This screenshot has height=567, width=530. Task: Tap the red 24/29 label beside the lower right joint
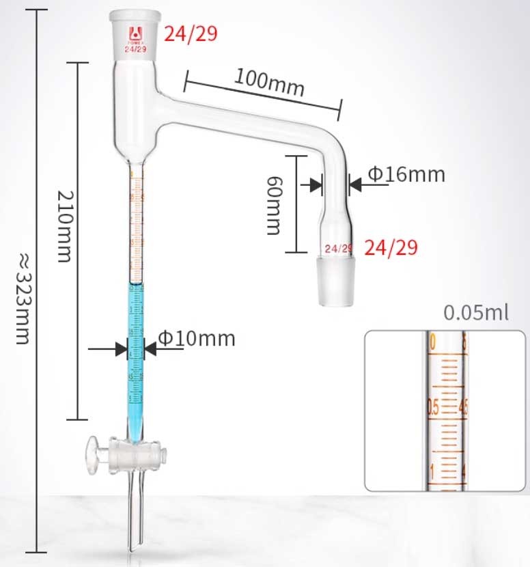[x=391, y=247]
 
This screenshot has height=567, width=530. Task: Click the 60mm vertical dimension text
[x=274, y=205]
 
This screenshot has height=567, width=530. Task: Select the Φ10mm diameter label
[x=197, y=338]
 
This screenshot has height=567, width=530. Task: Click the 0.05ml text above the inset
[x=476, y=314]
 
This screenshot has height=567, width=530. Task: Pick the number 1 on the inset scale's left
[x=433, y=471]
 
